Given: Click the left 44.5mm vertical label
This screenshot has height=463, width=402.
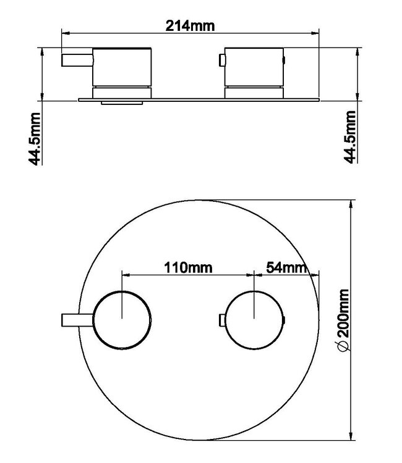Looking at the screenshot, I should pyautogui.click(x=35, y=137).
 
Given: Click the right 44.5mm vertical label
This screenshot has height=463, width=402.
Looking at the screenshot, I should pyautogui.click(x=351, y=137).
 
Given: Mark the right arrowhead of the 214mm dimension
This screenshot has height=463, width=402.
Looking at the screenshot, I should pyautogui.click(x=317, y=34).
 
